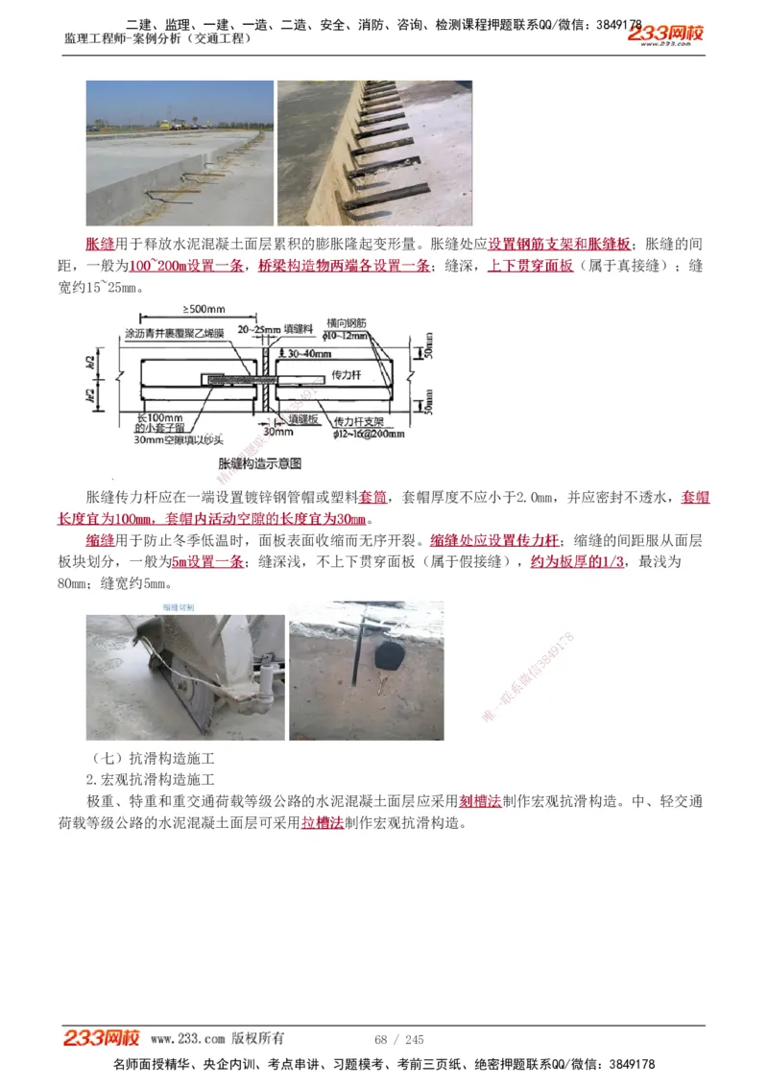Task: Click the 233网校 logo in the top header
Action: tap(665, 35)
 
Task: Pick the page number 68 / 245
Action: tap(399, 1040)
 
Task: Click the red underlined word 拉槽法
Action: tap(323, 823)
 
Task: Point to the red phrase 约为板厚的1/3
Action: tap(581, 561)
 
